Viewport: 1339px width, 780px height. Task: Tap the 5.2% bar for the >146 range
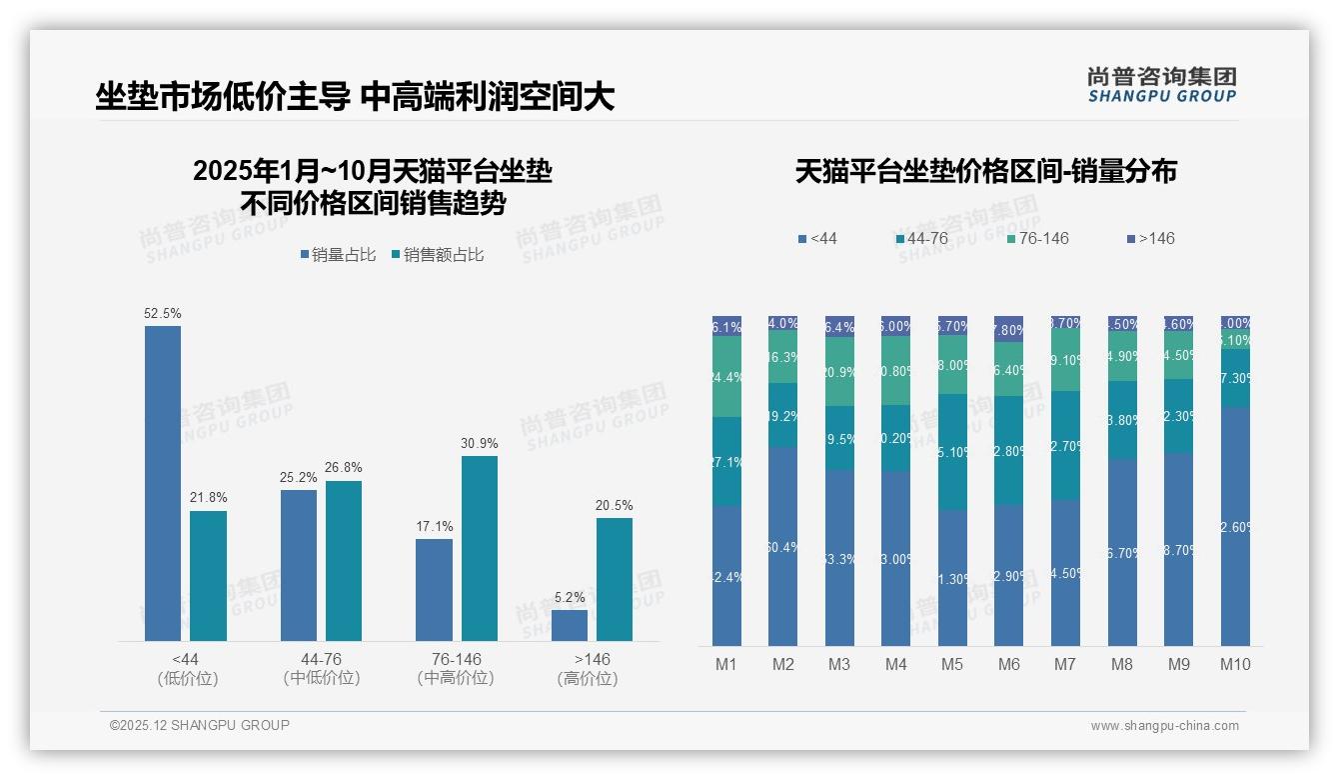[x=570, y=625]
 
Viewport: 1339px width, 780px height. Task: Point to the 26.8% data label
[x=344, y=467]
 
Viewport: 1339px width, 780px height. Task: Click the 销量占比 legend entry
[x=338, y=255]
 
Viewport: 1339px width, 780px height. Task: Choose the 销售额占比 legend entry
[x=438, y=255]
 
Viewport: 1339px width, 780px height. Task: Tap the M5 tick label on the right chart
[x=952, y=664]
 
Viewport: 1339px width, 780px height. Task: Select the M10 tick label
[x=1235, y=664]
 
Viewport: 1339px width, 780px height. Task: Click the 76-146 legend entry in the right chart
[x=1038, y=239]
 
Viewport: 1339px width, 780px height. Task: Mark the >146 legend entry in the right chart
[x=1151, y=239]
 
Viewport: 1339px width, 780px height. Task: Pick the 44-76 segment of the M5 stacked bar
[x=952, y=452]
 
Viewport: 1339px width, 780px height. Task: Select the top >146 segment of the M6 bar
[x=1009, y=329]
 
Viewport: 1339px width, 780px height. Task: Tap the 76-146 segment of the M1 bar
[x=726, y=377]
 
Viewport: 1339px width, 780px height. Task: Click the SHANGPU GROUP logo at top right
[x=1161, y=84]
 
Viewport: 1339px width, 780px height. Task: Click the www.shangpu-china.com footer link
[x=1164, y=726]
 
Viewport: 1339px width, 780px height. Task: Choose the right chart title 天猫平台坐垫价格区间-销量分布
[x=985, y=172]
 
